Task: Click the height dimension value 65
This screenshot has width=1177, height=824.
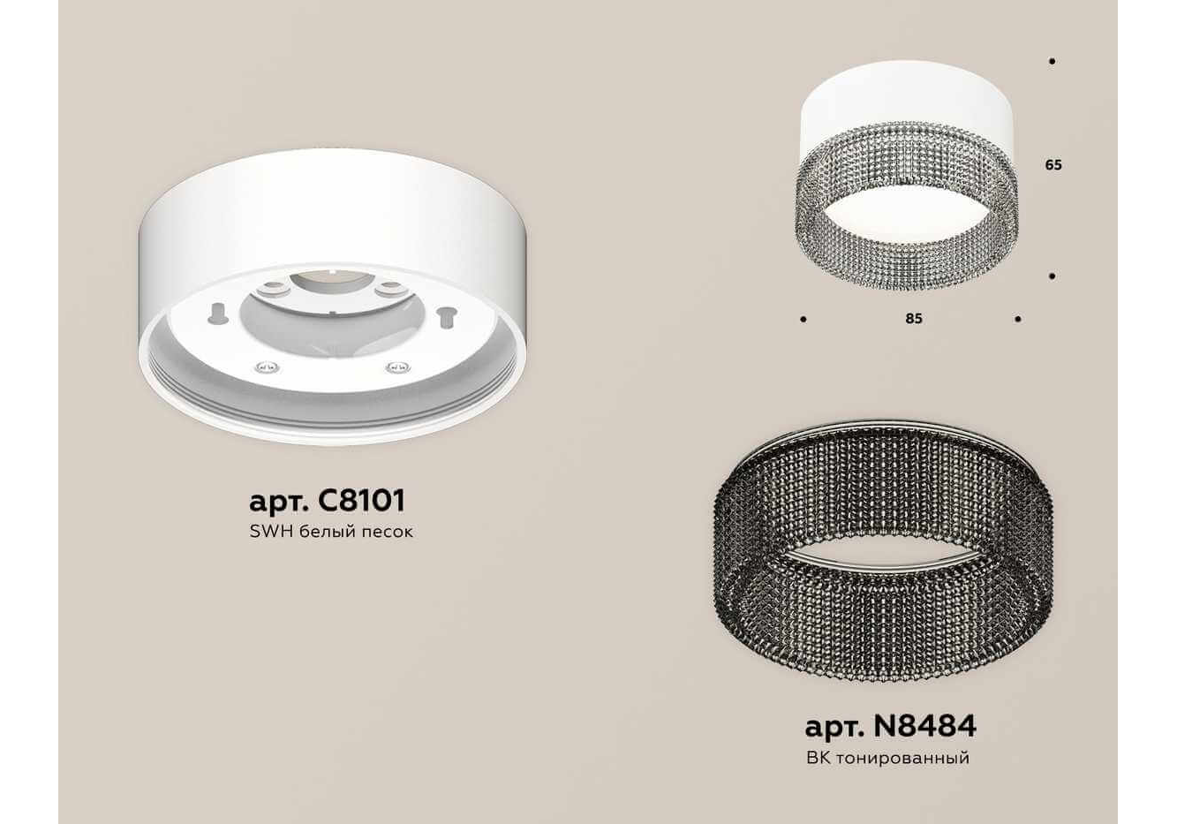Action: (x=1053, y=165)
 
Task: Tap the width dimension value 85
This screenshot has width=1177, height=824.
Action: (x=914, y=319)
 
